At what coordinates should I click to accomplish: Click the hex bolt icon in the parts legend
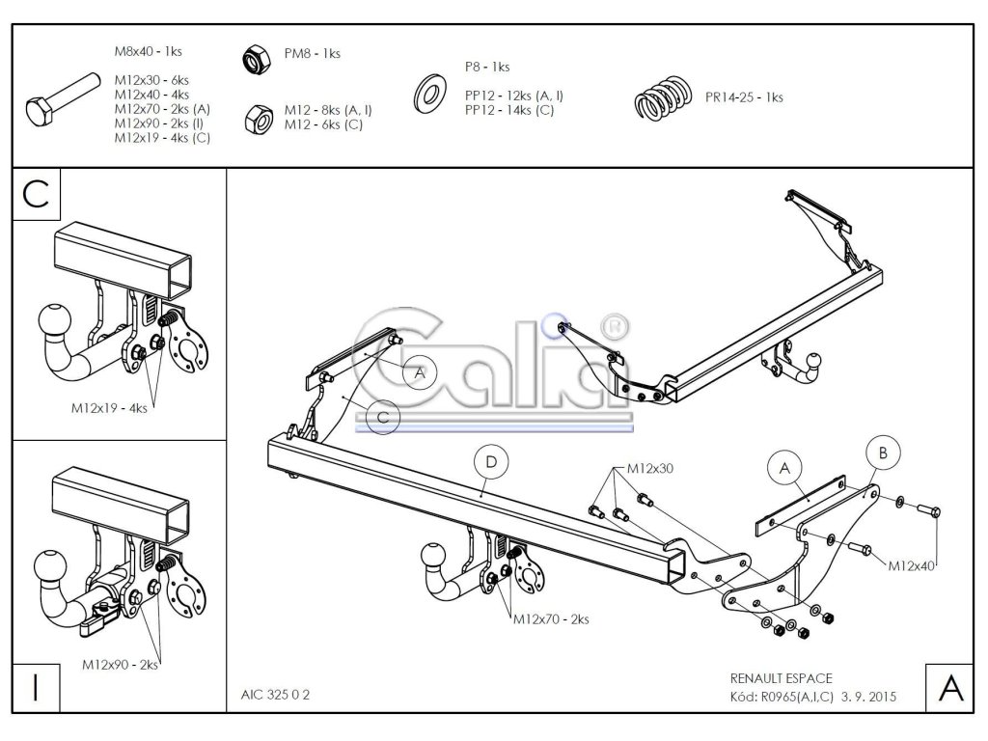[x=63, y=99]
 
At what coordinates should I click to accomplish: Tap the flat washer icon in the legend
[x=429, y=94]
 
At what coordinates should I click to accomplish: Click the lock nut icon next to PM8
[x=257, y=60]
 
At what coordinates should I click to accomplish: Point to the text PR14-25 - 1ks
[x=744, y=97]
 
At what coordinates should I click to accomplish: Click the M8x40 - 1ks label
[x=148, y=52]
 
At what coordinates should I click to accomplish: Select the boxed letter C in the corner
[x=37, y=194]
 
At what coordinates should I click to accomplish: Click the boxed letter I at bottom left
[x=36, y=687]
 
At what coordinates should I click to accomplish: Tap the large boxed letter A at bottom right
[x=950, y=687]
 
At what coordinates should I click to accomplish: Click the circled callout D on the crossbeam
[x=491, y=462]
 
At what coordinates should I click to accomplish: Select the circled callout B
[x=883, y=453]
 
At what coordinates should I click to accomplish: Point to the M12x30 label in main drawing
[x=649, y=469]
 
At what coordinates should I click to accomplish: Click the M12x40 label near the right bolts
[x=911, y=565]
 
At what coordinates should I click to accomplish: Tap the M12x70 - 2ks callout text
[x=551, y=619]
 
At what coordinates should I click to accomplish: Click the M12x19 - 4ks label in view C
[x=109, y=408]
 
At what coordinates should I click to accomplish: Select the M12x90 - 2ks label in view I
[x=120, y=665]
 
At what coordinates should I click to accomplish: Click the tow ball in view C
[x=54, y=320]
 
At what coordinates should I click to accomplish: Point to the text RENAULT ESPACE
[x=782, y=678]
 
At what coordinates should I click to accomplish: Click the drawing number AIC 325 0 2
[x=275, y=695]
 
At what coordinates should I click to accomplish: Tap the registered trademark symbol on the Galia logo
[x=615, y=326]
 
